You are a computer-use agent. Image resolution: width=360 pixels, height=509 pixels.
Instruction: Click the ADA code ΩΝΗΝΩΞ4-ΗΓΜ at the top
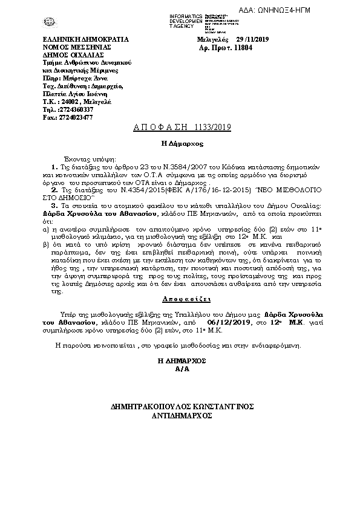326,11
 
